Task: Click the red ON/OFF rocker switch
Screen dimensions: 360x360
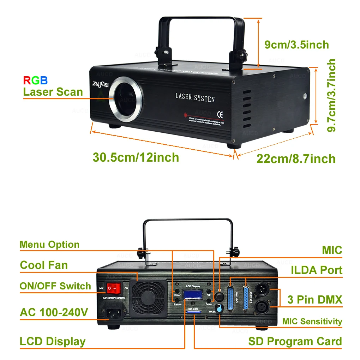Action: point(114,288)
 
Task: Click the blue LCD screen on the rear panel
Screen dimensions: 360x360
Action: point(192,294)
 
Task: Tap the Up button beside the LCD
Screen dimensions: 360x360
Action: point(209,289)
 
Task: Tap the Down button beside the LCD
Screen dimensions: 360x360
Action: point(209,299)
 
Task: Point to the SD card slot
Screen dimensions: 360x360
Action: point(194,312)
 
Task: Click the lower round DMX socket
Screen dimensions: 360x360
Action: point(263,306)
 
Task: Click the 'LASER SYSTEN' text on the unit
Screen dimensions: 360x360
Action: point(195,97)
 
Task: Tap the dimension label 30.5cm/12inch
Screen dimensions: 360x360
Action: point(136,157)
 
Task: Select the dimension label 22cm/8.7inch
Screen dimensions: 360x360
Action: point(296,159)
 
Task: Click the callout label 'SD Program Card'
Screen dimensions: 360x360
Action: point(295,341)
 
